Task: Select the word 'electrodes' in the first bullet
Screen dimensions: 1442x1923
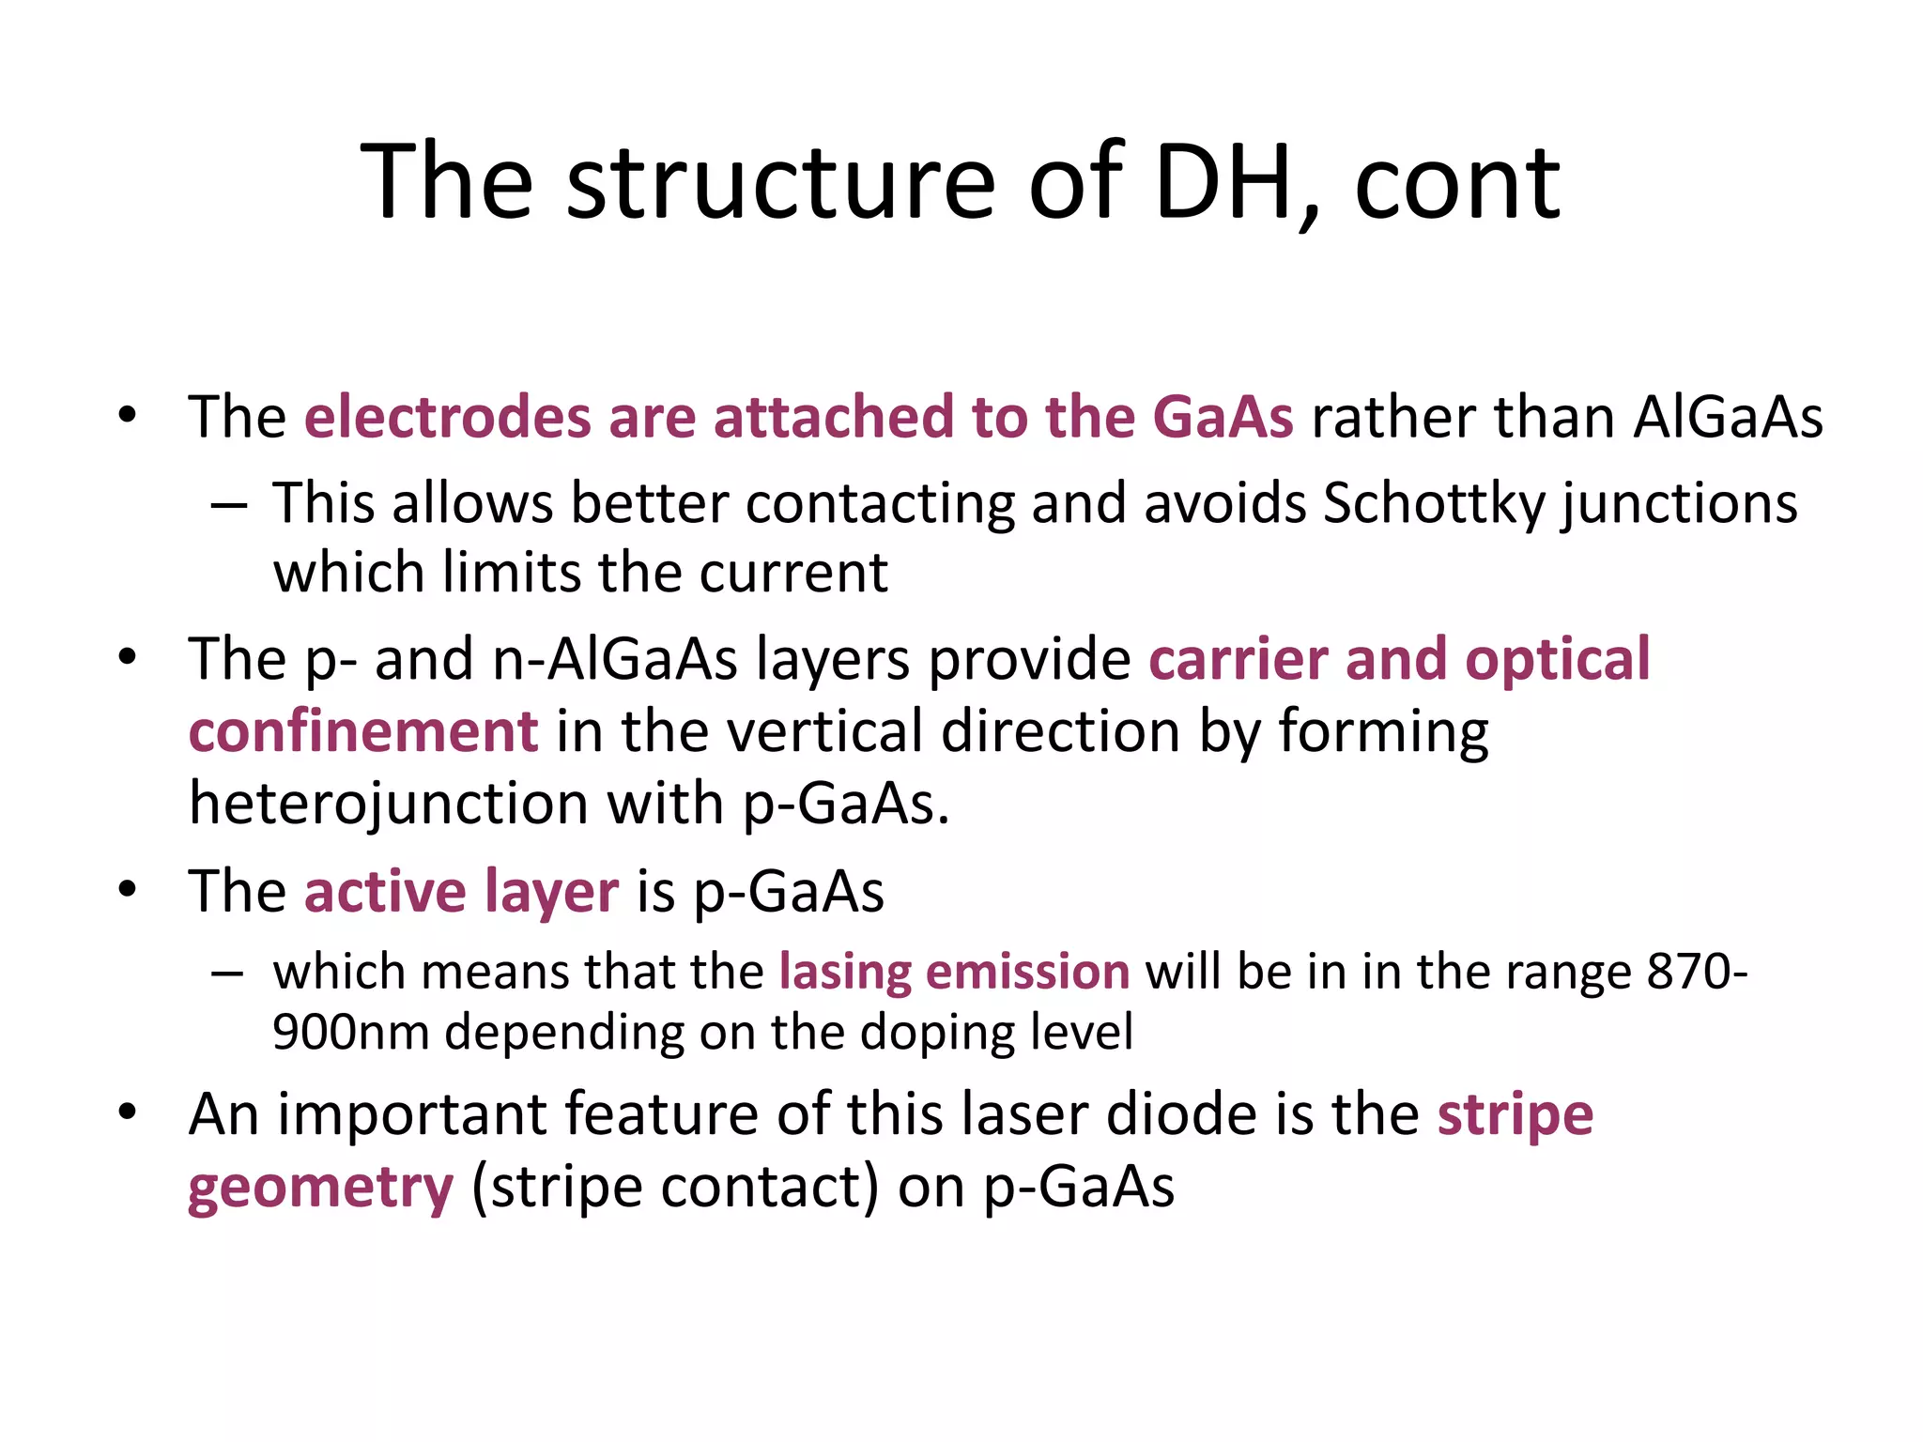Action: click(447, 417)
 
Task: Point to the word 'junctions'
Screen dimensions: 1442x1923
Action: click(1680, 505)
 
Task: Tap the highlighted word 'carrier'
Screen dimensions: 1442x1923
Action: click(1238, 659)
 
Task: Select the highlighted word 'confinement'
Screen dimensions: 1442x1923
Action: click(363, 731)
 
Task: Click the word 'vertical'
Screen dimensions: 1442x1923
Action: click(825, 731)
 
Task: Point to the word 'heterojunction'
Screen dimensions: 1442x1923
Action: click(389, 805)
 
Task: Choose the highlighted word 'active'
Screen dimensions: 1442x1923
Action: click(385, 891)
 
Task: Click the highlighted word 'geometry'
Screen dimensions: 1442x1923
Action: click(321, 1189)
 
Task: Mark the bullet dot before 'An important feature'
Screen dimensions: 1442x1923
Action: click(128, 1112)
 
